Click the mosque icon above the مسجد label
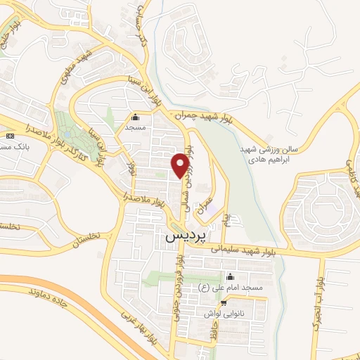tap(135, 117)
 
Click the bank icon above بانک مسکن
tap(10, 135)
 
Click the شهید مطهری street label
tap(79, 64)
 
